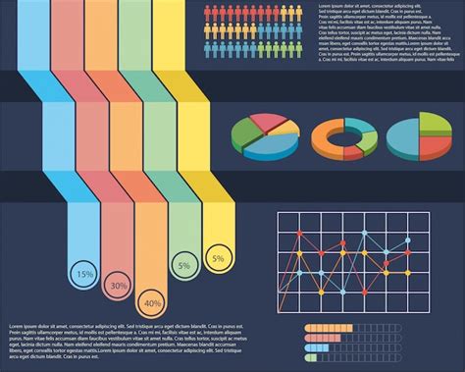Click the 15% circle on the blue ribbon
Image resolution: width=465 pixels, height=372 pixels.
tap(85, 273)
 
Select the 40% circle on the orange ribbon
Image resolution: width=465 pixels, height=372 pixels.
tap(152, 302)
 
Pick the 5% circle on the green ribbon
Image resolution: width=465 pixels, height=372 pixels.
tap(183, 265)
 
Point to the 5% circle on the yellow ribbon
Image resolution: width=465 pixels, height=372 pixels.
tap(217, 258)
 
